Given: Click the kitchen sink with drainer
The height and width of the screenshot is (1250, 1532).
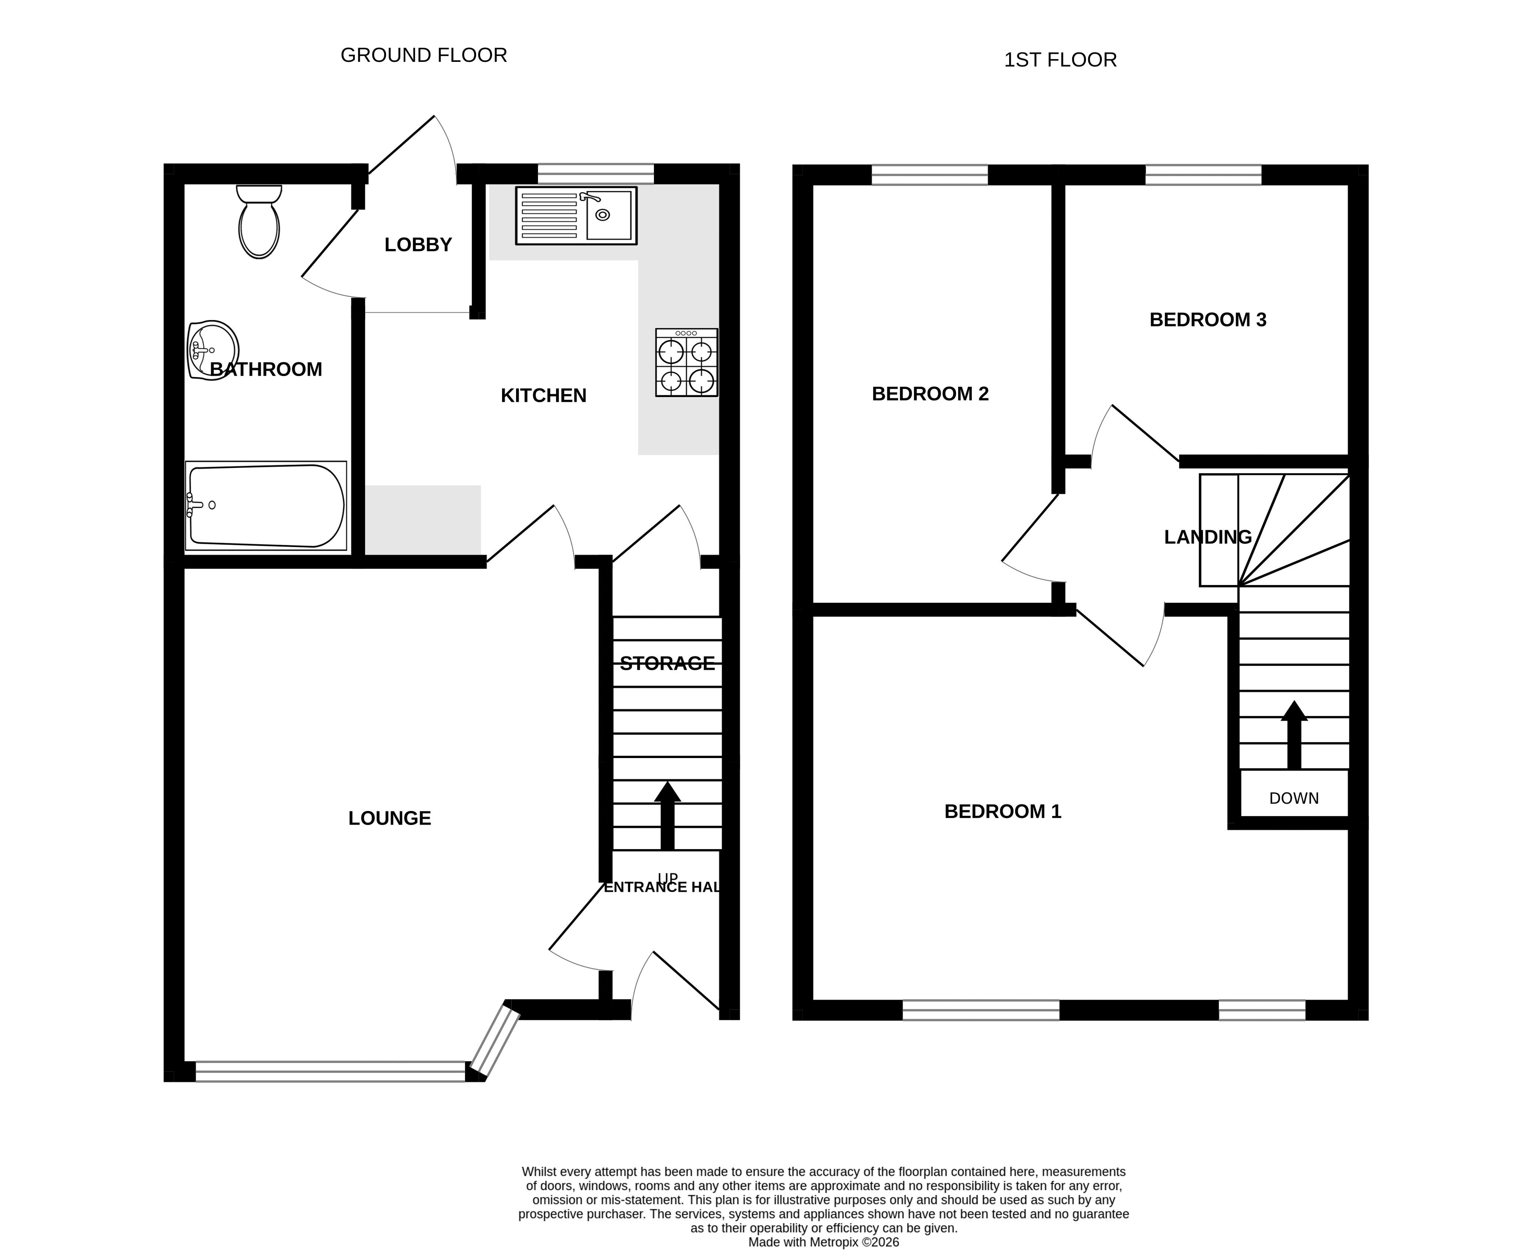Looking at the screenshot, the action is pyautogui.click(x=576, y=215).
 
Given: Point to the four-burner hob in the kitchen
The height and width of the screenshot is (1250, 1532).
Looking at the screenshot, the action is pyautogui.click(x=686, y=362).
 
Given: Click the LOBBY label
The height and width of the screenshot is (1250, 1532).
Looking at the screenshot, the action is pyautogui.click(x=418, y=245).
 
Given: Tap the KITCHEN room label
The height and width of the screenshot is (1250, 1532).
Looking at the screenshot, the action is pyautogui.click(x=544, y=395).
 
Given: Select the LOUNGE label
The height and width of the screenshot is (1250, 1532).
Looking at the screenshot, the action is pyautogui.click(x=389, y=818).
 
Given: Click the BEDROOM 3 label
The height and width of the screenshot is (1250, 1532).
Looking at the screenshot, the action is pyautogui.click(x=1208, y=320).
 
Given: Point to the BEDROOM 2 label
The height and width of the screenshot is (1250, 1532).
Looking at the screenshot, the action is pyautogui.click(x=930, y=394).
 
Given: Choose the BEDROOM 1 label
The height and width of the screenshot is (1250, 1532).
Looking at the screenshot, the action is pyautogui.click(x=1003, y=811).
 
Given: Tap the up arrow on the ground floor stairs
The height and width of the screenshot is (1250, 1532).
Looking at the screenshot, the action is pyautogui.click(x=667, y=815).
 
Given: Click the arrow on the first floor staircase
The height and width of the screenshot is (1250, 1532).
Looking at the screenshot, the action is pyautogui.click(x=1294, y=734).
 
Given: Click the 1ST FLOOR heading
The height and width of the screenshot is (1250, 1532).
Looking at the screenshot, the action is pyautogui.click(x=1060, y=60).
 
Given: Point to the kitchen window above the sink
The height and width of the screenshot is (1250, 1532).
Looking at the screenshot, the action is pyautogui.click(x=595, y=174).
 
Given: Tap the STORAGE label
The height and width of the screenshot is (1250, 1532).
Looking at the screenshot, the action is pyautogui.click(x=667, y=663).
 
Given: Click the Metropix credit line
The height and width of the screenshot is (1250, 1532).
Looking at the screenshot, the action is pyautogui.click(x=824, y=1242).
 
